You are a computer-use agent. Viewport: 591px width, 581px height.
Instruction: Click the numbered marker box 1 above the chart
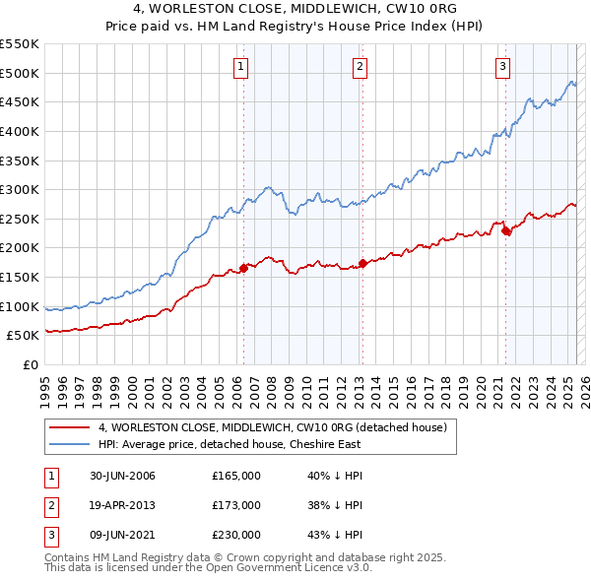pos(241,67)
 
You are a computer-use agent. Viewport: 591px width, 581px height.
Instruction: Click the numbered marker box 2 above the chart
pos(360,67)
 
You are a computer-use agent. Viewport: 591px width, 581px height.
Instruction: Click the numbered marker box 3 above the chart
pos(502,67)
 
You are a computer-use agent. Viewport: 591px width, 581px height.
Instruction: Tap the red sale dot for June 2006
pos(243,268)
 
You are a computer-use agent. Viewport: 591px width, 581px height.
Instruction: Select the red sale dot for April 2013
pos(362,263)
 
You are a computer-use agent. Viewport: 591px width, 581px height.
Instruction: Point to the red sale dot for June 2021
pos(505,230)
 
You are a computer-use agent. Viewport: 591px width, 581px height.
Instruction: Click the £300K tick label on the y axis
pos(19,189)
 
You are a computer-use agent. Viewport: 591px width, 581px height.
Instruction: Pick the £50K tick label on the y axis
pos(23,336)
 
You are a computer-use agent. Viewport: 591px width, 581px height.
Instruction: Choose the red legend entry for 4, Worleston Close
pos(273,427)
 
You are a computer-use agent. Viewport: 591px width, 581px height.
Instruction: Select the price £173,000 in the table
pos(236,505)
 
